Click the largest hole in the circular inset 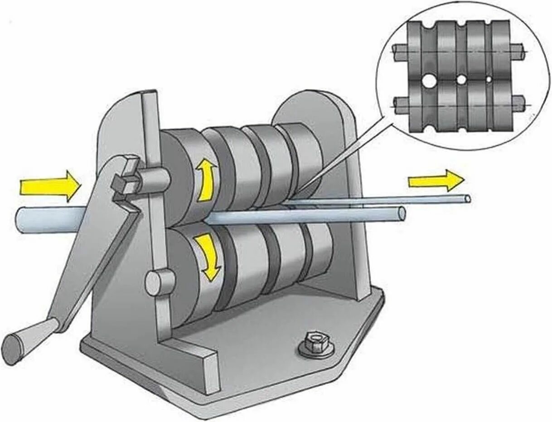point(428,82)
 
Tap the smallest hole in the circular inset point(489,79)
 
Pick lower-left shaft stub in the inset point(401,105)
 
